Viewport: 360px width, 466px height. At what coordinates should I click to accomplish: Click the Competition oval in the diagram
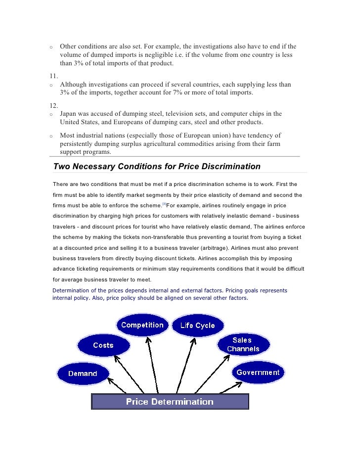pyautogui.click(x=142, y=325)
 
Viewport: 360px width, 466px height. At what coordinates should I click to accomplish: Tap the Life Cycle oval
pyautogui.click(x=198, y=326)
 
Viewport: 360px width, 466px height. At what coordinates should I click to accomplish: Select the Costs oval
pyautogui.click(x=103, y=345)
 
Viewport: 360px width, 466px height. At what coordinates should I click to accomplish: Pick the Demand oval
pyautogui.click(x=82, y=373)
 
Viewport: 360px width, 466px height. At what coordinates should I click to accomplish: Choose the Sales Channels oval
pyautogui.click(x=243, y=344)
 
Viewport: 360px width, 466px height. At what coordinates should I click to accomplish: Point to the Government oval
pyautogui.click(x=258, y=373)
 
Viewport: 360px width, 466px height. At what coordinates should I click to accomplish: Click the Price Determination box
pyautogui.click(x=170, y=401)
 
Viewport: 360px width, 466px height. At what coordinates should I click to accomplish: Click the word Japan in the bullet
pyautogui.click(x=69, y=114)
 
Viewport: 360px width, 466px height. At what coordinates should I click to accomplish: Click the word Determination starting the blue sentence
pyautogui.click(x=73, y=290)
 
